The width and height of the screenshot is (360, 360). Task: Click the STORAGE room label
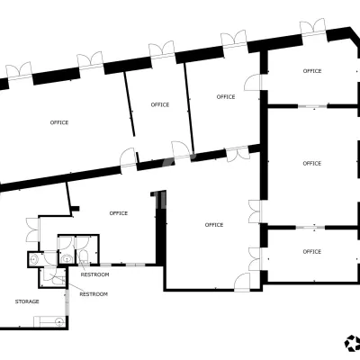(x=27, y=301)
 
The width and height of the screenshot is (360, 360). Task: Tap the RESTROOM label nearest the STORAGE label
(x=94, y=294)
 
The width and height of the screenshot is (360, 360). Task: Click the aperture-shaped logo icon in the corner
(x=352, y=343)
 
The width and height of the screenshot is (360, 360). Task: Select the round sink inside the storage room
(x=59, y=322)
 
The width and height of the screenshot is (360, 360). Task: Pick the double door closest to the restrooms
(x=32, y=229)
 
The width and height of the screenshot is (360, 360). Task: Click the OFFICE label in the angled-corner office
(x=312, y=71)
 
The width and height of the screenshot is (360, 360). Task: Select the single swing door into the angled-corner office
(x=253, y=82)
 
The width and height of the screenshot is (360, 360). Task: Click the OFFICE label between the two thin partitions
(x=160, y=104)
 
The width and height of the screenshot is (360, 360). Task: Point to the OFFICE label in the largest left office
(x=59, y=122)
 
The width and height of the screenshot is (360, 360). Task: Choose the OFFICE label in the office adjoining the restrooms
(x=119, y=213)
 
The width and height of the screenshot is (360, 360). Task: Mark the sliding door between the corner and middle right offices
(x=312, y=106)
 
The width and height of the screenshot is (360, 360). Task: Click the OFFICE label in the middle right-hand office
(x=312, y=164)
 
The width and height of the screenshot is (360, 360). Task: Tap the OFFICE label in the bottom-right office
(x=312, y=252)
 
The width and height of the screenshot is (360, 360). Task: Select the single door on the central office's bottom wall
(x=242, y=282)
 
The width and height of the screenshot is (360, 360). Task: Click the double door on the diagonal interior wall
(x=238, y=154)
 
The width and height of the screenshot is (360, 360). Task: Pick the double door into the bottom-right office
(x=256, y=259)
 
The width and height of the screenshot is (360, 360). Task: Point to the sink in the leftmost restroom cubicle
(x=34, y=259)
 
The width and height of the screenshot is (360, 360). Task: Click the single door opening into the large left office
(x=128, y=157)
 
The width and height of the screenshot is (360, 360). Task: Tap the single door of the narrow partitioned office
(x=181, y=150)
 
